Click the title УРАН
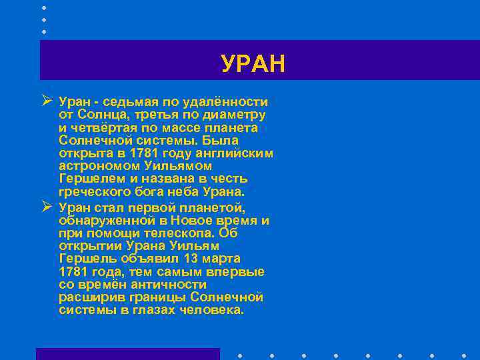tap(253, 64)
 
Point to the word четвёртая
tap(102, 127)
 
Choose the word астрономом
tap(95, 165)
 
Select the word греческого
tap(91, 191)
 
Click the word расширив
tap(88, 297)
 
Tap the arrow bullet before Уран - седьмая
tap(46, 101)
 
